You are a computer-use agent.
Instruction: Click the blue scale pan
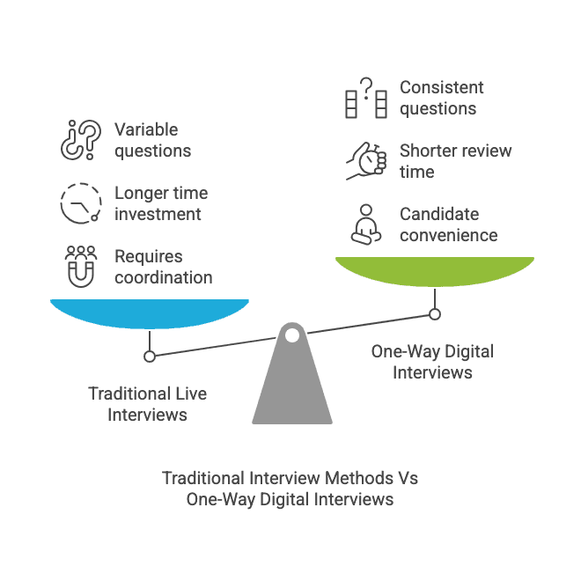pos(150,313)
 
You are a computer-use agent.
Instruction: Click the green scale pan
pos(435,270)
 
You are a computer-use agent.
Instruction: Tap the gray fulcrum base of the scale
pos(292,387)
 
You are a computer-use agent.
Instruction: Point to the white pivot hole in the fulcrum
pos(292,335)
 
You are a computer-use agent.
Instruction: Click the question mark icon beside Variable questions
pos(80,140)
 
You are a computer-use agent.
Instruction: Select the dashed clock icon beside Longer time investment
pos(80,203)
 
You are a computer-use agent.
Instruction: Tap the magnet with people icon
pos(80,267)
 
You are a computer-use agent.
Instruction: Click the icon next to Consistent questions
pos(365,98)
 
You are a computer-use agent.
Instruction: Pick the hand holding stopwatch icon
pos(365,161)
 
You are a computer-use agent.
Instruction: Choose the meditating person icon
pos(365,224)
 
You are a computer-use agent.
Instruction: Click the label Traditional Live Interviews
pos(148,404)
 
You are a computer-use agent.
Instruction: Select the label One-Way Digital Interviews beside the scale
pos(432,362)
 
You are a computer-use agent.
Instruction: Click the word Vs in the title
pos(406,478)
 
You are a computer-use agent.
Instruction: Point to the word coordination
pos(164,277)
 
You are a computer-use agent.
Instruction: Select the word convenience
pos(448,235)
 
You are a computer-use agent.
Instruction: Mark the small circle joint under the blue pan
pos(150,356)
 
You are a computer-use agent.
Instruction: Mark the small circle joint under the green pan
pos(435,313)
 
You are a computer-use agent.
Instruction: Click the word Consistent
pos(442,87)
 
